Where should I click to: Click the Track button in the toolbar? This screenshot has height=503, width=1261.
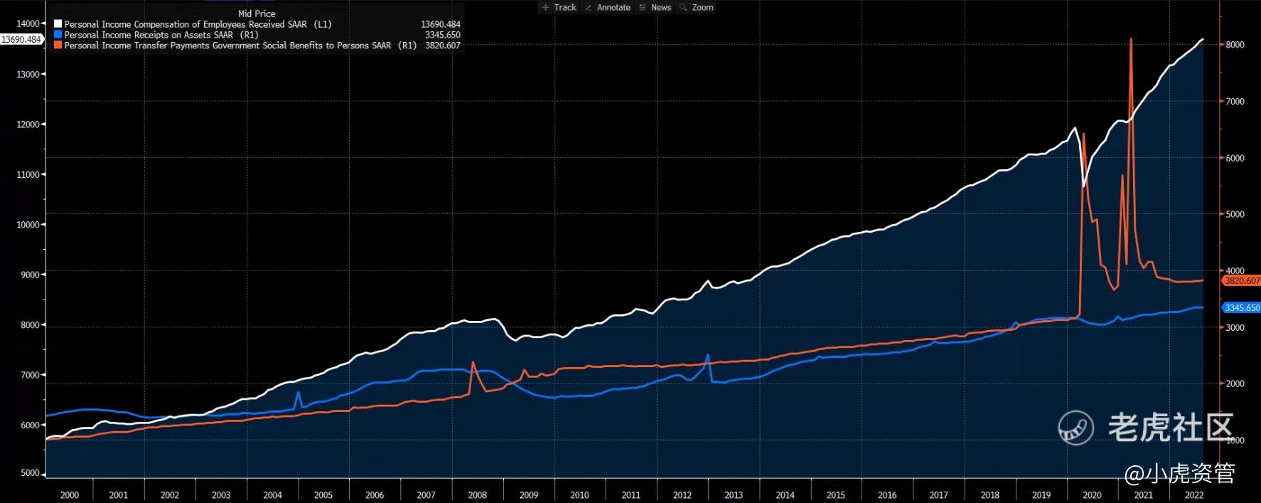tap(559, 7)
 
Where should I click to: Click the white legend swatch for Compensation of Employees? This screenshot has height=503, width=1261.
tap(58, 24)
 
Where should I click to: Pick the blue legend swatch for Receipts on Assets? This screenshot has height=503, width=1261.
tap(58, 35)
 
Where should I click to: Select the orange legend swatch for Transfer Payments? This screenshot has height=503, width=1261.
tap(58, 46)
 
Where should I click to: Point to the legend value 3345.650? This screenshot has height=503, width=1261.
tap(442, 35)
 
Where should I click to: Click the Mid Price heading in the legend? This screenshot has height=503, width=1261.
tap(257, 14)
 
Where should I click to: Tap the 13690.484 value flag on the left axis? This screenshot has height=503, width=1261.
tap(21, 40)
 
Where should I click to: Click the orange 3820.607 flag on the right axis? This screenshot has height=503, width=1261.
tap(1241, 281)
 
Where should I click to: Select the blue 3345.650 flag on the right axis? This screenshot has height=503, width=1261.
tap(1241, 308)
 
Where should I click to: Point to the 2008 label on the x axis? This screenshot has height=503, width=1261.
tap(477, 495)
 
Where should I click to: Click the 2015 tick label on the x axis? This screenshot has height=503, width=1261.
tap(836, 495)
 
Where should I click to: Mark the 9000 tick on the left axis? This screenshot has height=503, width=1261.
tap(29, 275)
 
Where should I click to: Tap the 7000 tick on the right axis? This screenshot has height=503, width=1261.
tap(1235, 102)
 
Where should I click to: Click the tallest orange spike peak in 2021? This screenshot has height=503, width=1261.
tap(1131, 39)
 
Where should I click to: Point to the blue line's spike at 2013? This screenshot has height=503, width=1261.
tap(708, 355)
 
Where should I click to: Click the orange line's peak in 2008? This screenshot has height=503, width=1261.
tap(473, 363)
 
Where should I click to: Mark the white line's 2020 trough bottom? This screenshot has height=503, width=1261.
tap(1084, 186)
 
